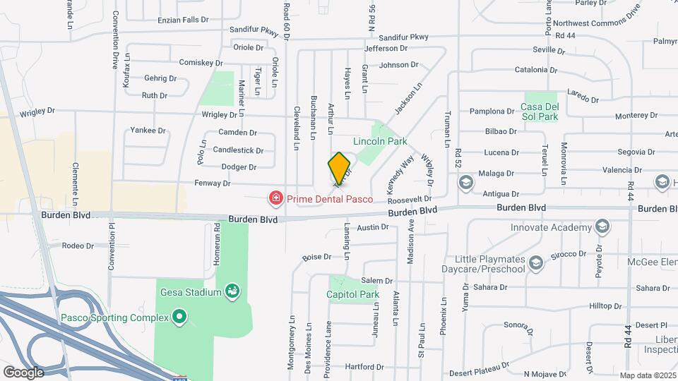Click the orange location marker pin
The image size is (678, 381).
point(340,167)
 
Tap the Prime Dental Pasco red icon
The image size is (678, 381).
point(275,199)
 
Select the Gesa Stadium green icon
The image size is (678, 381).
point(232,291)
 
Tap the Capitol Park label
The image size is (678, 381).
point(354,295)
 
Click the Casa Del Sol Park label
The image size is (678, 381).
point(540,111)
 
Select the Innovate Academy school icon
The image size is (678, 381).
point(602,227)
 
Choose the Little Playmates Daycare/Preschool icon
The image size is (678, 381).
point(536,264)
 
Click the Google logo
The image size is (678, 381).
point(23,372)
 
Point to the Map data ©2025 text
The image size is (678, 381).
point(648,375)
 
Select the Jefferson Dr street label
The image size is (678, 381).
point(386,49)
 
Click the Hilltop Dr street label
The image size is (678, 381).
point(605,307)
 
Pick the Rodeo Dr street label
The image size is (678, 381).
point(78,246)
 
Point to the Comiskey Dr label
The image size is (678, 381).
point(201,63)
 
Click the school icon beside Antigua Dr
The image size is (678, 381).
point(465,183)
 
